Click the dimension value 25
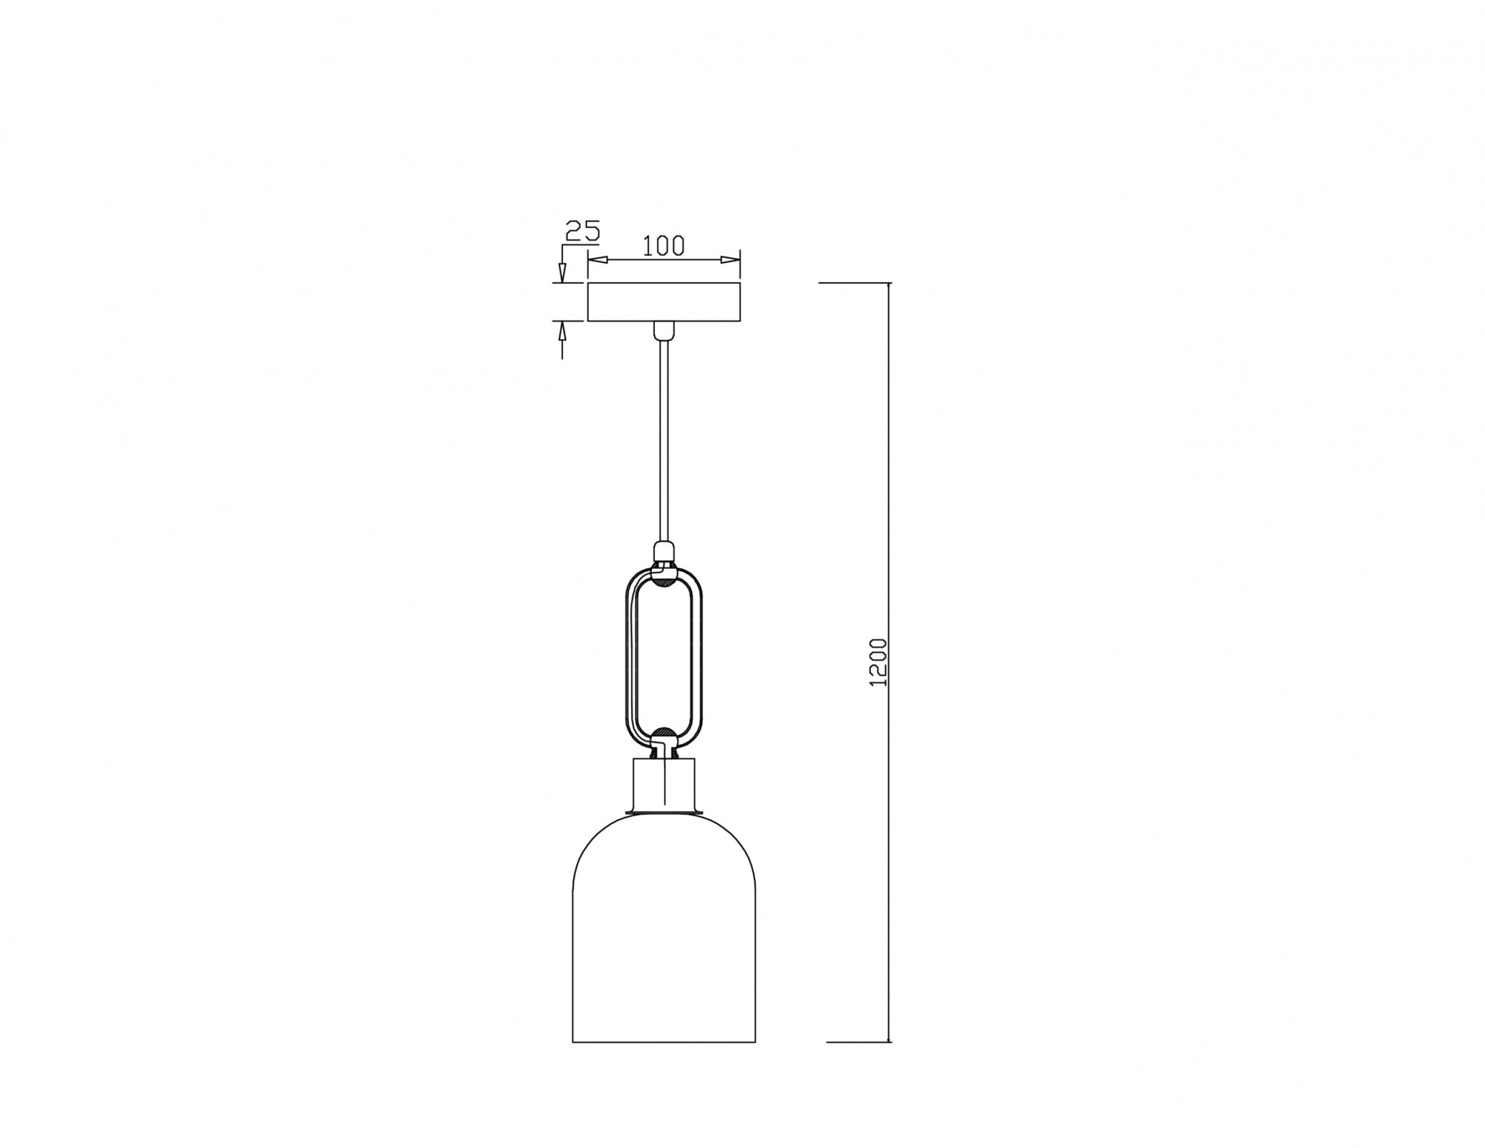[x=582, y=231]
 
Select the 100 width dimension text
[x=663, y=246]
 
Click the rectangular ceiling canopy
[x=664, y=302]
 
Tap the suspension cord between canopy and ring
[x=664, y=446]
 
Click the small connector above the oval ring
[x=664, y=552]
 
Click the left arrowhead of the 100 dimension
[x=597, y=260]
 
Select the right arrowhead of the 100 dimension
[x=731, y=260]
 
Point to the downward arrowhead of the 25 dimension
[x=562, y=274]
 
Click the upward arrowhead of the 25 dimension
[x=562, y=330]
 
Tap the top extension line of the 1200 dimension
[x=854, y=283]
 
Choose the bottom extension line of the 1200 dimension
[x=858, y=1042]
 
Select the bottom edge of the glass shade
[x=664, y=1042]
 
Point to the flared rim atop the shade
[x=664, y=813]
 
